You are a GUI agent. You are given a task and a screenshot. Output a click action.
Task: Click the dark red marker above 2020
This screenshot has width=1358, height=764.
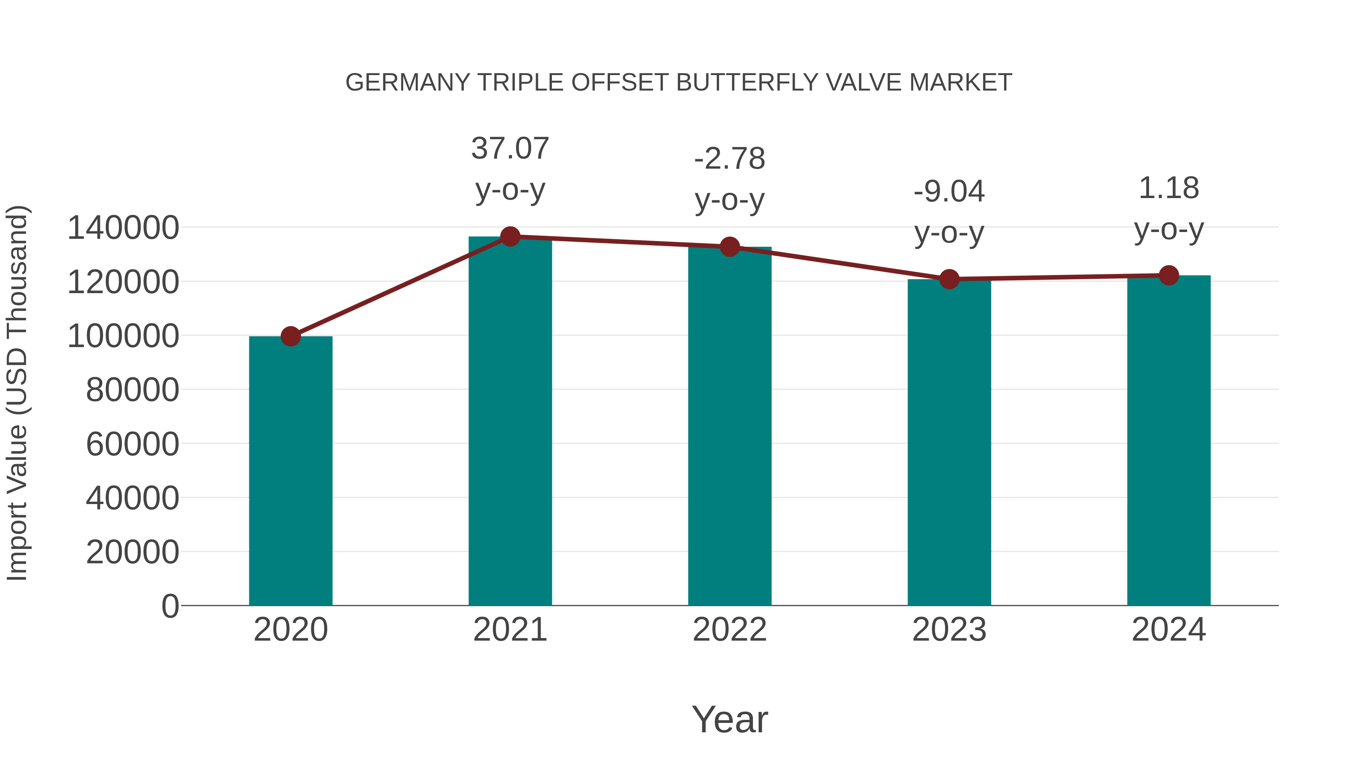[x=290, y=336]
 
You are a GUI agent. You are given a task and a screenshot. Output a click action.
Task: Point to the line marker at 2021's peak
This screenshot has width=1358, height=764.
[x=510, y=237]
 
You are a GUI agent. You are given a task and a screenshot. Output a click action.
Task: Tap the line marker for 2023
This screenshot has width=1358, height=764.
[x=949, y=279]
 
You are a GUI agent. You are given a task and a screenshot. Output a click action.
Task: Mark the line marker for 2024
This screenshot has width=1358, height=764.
[x=1169, y=275]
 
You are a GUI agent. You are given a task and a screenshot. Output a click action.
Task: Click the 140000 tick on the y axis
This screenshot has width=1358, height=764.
[x=123, y=228]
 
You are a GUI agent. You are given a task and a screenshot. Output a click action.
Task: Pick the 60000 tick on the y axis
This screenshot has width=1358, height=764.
[x=132, y=444]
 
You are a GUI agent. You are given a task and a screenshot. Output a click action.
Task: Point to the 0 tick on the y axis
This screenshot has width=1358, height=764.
[x=170, y=606]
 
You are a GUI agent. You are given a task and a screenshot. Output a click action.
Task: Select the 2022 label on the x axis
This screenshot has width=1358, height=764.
[x=730, y=630]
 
